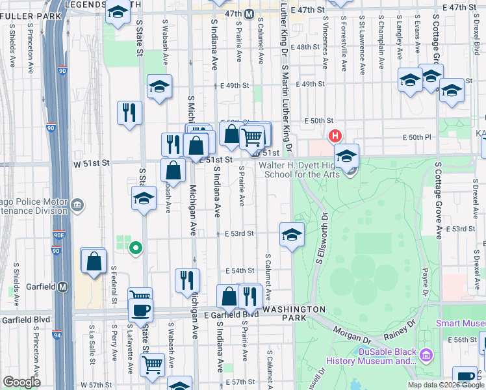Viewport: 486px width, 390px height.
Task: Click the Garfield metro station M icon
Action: coord(63,287)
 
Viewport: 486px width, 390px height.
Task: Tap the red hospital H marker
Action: coord(335,136)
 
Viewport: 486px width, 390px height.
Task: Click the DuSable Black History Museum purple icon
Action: coord(426,355)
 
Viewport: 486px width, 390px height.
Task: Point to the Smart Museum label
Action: coord(460,323)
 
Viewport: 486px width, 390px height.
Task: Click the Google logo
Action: coord(21,382)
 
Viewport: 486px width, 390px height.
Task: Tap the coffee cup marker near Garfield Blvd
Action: coord(140,309)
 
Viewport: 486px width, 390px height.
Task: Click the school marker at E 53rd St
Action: coord(292,234)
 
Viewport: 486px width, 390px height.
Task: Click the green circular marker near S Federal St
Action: coord(135,247)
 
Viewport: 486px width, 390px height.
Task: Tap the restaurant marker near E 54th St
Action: coord(187,279)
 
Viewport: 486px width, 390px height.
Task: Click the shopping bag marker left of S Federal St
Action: coord(94,261)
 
